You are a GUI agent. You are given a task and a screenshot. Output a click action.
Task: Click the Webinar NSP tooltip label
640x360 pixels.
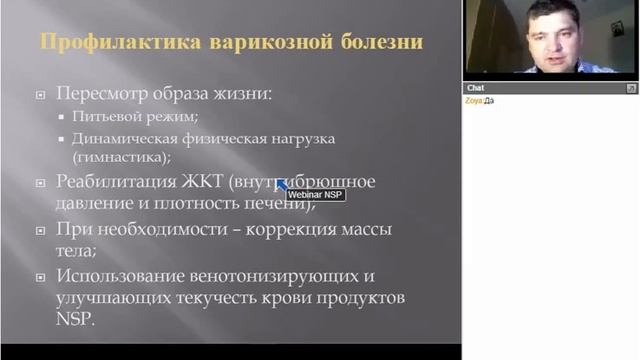coord(315,194)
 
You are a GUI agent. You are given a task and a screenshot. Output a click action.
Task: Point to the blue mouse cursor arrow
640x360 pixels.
coord(281,184)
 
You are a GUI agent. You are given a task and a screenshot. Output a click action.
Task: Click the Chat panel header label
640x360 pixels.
coord(476,88)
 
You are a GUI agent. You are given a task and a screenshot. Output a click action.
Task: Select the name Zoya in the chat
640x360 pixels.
coord(474,100)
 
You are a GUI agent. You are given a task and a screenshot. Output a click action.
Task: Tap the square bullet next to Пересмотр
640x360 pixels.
coord(41,96)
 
